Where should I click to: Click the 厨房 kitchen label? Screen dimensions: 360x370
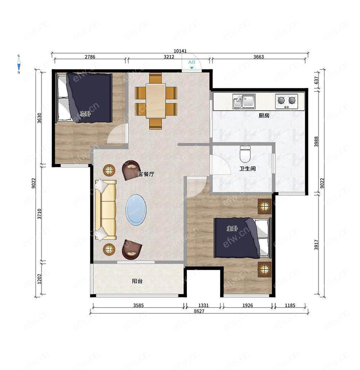pyautogui.click(x=264, y=115)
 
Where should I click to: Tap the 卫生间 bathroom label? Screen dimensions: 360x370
pyautogui.click(x=247, y=169)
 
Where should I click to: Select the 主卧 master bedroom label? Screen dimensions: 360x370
pyautogui.click(x=232, y=228)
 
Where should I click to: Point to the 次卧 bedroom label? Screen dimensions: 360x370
pyautogui.click(x=85, y=114)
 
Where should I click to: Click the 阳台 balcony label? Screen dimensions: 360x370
pyautogui.click(x=137, y=281)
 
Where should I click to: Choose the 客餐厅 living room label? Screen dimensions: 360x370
pyautogui.click(x=146, y=174)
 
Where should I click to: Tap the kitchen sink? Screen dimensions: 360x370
pyautogui.click(x=244, y=101)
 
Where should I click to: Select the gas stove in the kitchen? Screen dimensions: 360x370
pyautogui.click(x=287, y=101)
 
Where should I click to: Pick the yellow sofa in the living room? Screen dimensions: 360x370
pyautogui.click(x=105, y=210)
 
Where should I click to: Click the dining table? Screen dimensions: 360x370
pyautogui.click(x=156, y=101)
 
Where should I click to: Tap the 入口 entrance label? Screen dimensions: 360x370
pyautogui.click(x=192, y=62)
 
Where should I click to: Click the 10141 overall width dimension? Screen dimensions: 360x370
pyautogui.click(x=180, y=51)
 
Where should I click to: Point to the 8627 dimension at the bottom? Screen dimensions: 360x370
pyautogui.click(x=199, y=311)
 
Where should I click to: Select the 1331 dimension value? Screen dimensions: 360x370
pyautogui.click(x=203, y=306)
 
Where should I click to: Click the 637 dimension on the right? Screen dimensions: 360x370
pyautogui.click(x=316, y=80)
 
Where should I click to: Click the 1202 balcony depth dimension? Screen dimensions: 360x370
pyautogui.click(x=39, y=279)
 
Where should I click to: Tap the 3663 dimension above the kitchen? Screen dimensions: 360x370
pyautogui.click(x=258, y=57)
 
